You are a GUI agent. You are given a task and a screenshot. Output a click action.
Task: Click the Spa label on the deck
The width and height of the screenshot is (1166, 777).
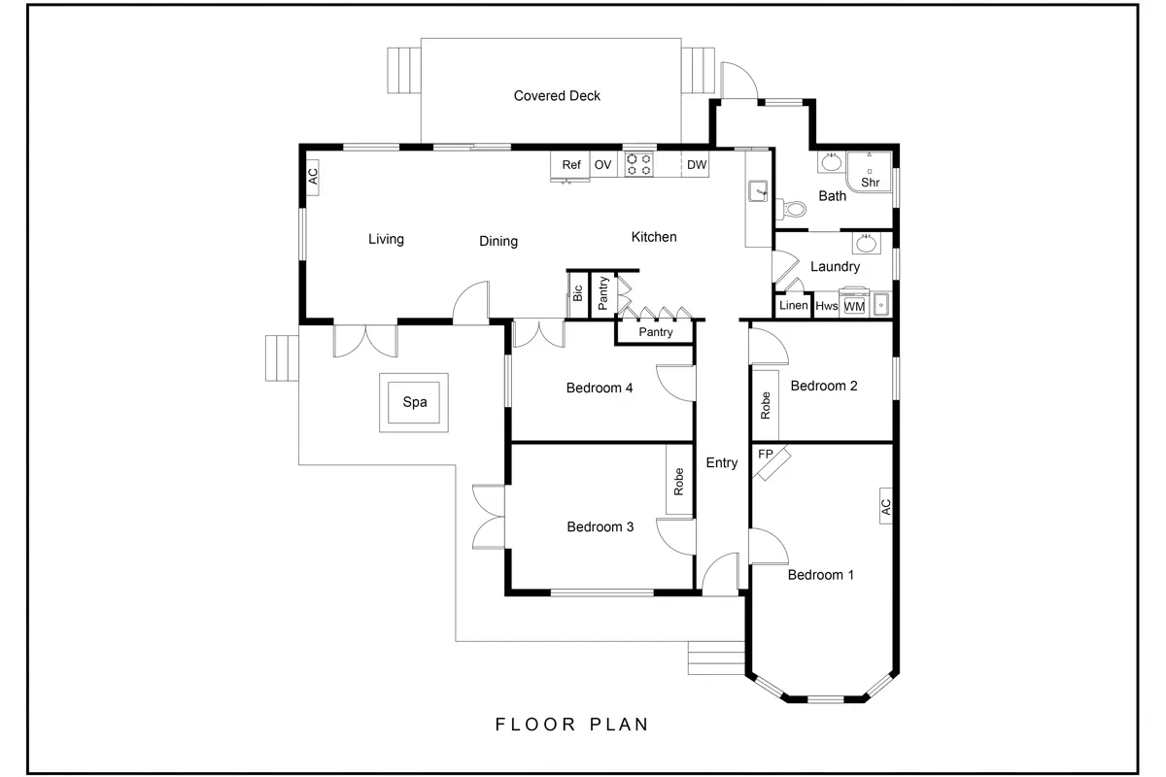(415, 401)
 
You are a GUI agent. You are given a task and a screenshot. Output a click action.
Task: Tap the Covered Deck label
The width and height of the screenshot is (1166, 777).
(557, 95)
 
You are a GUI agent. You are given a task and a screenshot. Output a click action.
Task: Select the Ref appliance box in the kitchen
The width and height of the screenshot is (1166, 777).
(571, 165)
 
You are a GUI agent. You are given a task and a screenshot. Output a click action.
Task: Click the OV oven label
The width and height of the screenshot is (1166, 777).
(602, 165)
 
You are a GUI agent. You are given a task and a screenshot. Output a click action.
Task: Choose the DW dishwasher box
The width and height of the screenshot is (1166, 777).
(696, 165)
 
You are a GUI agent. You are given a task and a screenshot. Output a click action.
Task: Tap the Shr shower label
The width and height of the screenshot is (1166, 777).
(870, 182)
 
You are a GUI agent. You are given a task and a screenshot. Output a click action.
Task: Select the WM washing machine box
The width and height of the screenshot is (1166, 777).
(854, 306)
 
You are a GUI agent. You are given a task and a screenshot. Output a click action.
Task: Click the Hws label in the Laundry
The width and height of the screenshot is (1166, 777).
(826, 306)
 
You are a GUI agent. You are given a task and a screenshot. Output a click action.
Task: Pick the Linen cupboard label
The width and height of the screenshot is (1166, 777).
(793, 306)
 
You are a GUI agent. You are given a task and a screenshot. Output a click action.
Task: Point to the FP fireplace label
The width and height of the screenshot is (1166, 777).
(766, 454)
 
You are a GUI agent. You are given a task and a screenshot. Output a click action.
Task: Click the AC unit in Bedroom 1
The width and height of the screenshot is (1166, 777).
(885, 505)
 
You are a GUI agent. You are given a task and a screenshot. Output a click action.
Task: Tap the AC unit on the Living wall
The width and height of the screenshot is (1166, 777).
(313, 177)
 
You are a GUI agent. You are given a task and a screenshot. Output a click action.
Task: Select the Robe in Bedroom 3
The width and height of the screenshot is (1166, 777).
(679, 481)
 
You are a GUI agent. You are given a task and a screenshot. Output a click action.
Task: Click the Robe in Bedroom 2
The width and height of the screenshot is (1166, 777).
(766, 404)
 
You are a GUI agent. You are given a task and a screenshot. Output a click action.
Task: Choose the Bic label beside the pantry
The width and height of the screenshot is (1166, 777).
(578, 292)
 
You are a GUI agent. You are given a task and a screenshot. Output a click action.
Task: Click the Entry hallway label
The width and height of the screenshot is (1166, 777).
(721, 463)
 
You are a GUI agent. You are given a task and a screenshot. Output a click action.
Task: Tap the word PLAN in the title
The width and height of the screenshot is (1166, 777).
(618, 724)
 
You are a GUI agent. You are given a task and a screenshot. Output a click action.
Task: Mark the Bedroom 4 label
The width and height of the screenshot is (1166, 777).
(600, 388)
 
